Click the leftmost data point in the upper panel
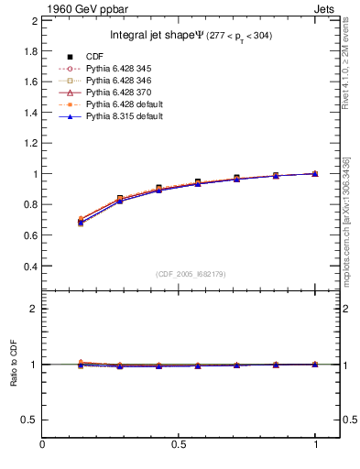click(x=81, y=222)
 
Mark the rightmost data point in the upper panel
click(x=315, y=173)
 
